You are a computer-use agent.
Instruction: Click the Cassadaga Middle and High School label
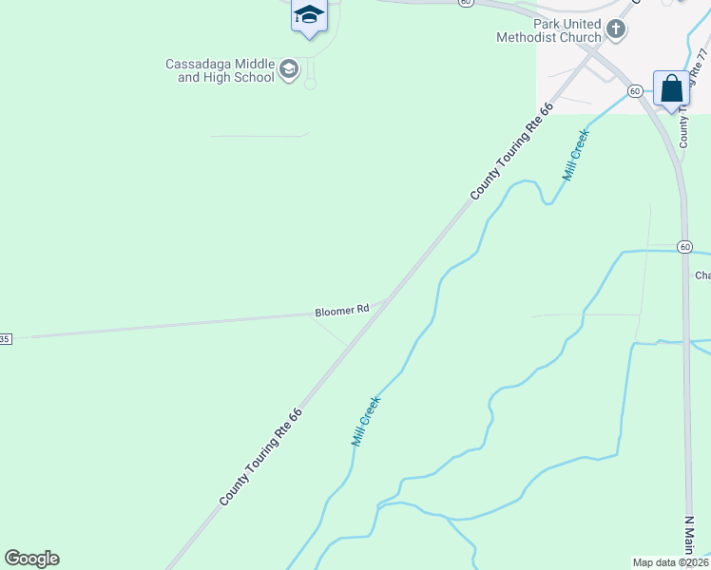[x=220, y=70]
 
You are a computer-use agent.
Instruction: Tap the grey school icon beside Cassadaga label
[x=289, y=69]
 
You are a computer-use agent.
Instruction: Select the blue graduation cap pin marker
[x=309, y=15]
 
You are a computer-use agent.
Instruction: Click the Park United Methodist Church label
[x=548, y=30]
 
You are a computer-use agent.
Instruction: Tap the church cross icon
[x=616, y=29]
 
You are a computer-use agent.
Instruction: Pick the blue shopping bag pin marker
[x=671, y=89]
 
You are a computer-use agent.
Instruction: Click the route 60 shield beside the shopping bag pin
[x=635, y=90]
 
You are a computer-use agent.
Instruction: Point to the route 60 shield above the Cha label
[x=684, y=246]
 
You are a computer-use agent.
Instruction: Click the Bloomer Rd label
[x=342, y=311]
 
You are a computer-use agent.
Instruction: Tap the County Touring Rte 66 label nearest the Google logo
[x=260, y=457]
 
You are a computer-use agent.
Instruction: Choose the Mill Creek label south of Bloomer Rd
[x=365, y=422]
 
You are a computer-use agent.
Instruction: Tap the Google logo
[x=31, y=559]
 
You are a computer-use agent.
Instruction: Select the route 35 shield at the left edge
[x=5, y=338]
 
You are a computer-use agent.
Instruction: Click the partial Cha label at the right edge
[x=702, y=275]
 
